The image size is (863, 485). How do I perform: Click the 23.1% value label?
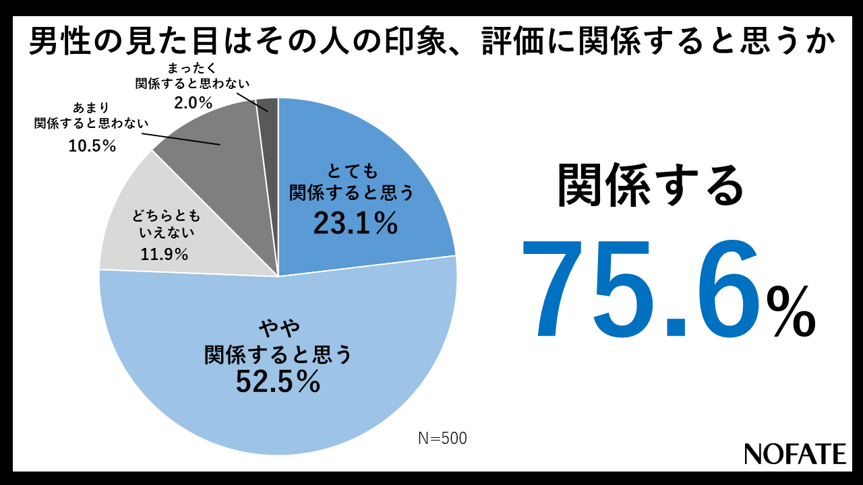[355, 223]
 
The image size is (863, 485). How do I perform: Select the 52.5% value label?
[276, 382]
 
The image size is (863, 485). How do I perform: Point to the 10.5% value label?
[92, 145]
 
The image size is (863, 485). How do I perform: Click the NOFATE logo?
[795, 453]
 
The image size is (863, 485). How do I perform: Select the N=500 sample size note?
[442, 438]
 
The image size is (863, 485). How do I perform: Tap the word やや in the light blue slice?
[278, 329]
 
